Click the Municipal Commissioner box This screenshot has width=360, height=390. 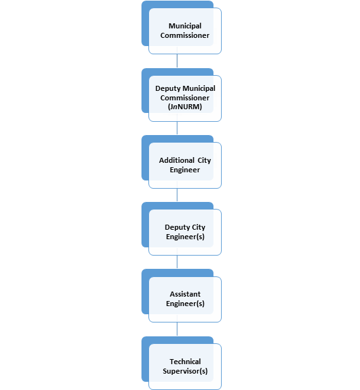click(x=185, y=31)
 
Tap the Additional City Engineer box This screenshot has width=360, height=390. click(x=185, y=165)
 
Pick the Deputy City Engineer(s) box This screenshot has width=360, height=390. click(x=185, y=232)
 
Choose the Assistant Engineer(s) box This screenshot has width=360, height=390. click(x=185, y=299)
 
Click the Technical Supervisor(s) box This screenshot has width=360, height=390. click(x=185, y=367)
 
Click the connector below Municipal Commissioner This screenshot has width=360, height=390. click(x=177, y=61)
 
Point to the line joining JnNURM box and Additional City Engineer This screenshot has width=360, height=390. click(x=177, y=128)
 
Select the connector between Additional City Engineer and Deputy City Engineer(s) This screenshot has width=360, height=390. click(x=177, y=195)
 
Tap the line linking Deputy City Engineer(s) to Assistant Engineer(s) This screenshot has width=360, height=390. click(x=177, y=262)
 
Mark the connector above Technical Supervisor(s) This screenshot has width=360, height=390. click(x=177, y=329)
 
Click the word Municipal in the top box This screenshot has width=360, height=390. click(x=185, y=26)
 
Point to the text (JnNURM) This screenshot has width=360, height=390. click(x=185, y=107)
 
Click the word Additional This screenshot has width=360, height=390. click(x=177, y=160)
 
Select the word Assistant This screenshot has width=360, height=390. click(x=185, y=294)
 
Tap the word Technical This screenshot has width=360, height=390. click(x=185, y=362)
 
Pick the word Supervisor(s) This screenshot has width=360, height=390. click(x=185, y=371)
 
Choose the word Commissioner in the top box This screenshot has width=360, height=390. click(x=184, y=35)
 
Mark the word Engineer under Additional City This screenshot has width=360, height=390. click(x=184, y=170)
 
